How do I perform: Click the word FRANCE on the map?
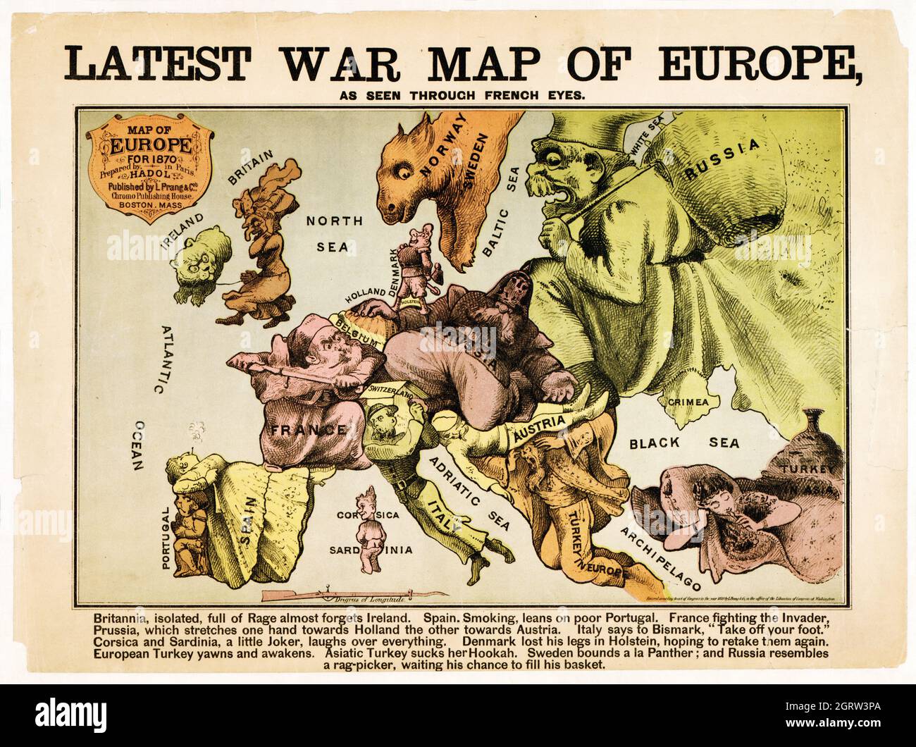[x=304, y=428]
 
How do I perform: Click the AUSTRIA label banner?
[x=538, y=432]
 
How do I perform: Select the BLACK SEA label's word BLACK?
[x=655, y=443]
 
